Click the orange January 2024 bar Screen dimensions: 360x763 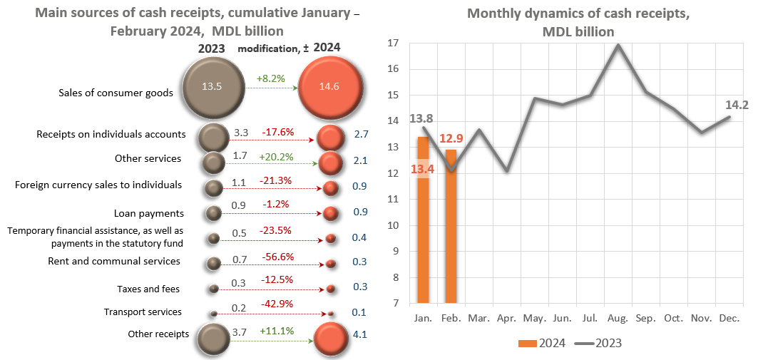[423, 221]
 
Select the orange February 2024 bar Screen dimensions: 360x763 [451, 227]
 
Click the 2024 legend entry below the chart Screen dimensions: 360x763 [542, 343]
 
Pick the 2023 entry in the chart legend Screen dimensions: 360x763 [598, 343]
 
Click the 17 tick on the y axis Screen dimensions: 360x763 [391, 43]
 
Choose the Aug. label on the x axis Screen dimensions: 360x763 [618, 317]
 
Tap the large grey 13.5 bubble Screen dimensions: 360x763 [212, 86]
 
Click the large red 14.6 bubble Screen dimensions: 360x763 [329, 86]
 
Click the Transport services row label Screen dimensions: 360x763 [143, 312]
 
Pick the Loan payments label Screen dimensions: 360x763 [149, 213]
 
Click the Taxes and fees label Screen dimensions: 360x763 [148, 289]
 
